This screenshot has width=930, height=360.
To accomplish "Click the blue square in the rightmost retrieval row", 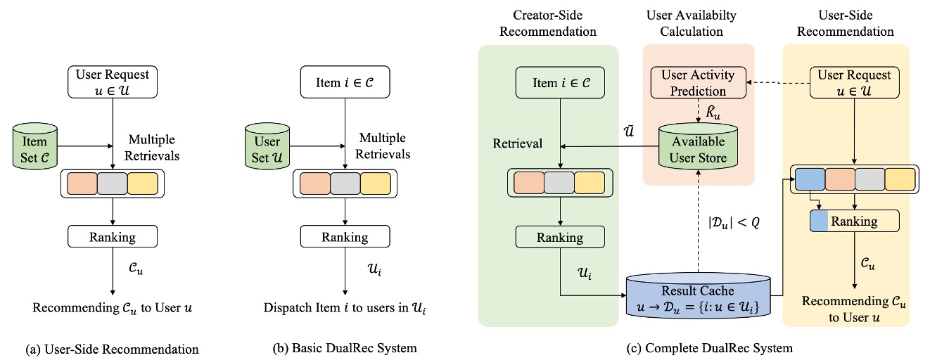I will click(x=809, y=180).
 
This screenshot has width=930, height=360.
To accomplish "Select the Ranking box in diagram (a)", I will click(x=113, y=236).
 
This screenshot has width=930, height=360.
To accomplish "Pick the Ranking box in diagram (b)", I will click(x=345, y=236).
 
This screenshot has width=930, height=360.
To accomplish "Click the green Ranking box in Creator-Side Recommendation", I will click(x=559, y=237).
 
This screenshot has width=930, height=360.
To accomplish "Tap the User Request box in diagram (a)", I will click(x=113, y=82).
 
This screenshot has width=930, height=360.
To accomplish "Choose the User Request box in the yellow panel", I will click(x=854, y=82).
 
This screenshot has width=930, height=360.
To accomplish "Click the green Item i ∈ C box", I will click(x=560, y=82).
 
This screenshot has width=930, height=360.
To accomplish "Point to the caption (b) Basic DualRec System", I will click(x=345, y=348).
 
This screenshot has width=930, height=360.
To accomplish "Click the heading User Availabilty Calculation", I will click(x=699, y=25).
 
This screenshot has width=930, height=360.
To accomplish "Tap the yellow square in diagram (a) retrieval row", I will click(x=142, y=183).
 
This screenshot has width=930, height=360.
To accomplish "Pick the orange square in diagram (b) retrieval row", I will click(x=314, y=183).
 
